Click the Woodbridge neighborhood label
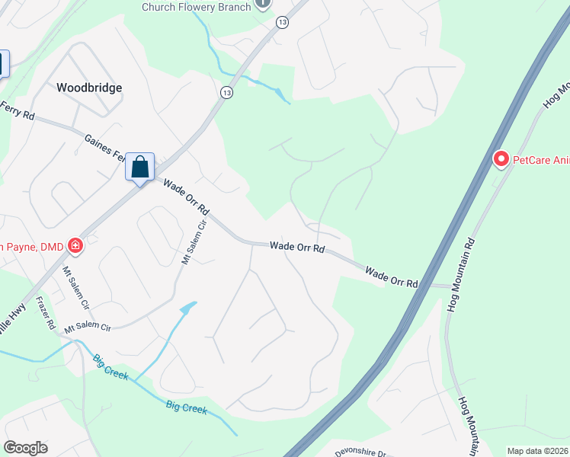pyautogui.click(x=89, y=88)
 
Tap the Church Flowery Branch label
pyautogui.click(x=196, y=7)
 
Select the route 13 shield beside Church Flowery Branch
pyautogui.click(x=283, y=23)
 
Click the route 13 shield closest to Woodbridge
pyautogui.click(x=226, y=92)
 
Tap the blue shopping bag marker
pyautogui.click(x=140, y=167)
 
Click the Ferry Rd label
pyautogui.click(x=17, y=110)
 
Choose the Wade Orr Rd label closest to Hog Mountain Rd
pyautogui.click(x=392, y=276)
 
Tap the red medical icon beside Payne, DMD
pyautogui.click(x=75, y=245)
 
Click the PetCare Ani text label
pyautogui.click(x=540, y=159)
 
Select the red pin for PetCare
pyautogui.click(x=501, y=159)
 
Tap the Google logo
pyautogui.click(x=26, y=448)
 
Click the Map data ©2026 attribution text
pyautogui.click(x=538, y=451)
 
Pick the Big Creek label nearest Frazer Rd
pyautogui.click(x=110, y=367)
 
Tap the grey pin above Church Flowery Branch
pyautogui.click(x=262, y=3)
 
